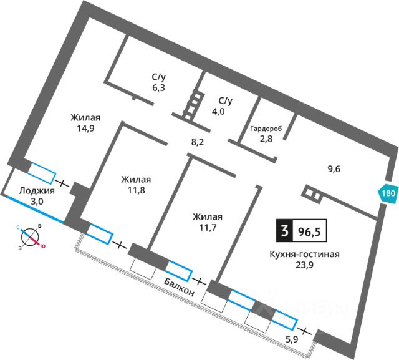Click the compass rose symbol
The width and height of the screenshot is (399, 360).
29,236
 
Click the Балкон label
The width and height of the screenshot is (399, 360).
181,288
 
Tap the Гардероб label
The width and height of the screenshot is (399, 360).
266,128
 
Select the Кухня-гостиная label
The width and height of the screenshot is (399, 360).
304,253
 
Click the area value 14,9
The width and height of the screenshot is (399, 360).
85,130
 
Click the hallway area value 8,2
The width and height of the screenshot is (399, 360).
198,142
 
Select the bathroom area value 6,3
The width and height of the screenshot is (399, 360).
158,88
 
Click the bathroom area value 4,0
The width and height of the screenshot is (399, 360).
225,112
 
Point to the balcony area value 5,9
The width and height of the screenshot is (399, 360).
291,339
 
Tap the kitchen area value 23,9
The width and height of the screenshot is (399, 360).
304,265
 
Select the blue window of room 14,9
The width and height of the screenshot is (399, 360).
42,172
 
